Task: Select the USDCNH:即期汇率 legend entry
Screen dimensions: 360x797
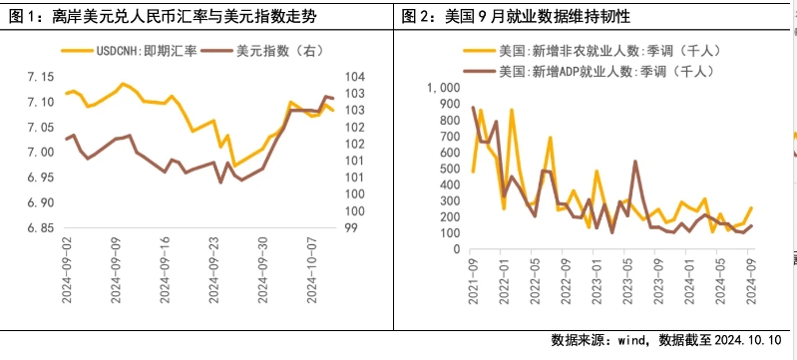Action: coord(145,50)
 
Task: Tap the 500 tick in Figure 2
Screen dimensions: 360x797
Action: coord(446,161)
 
